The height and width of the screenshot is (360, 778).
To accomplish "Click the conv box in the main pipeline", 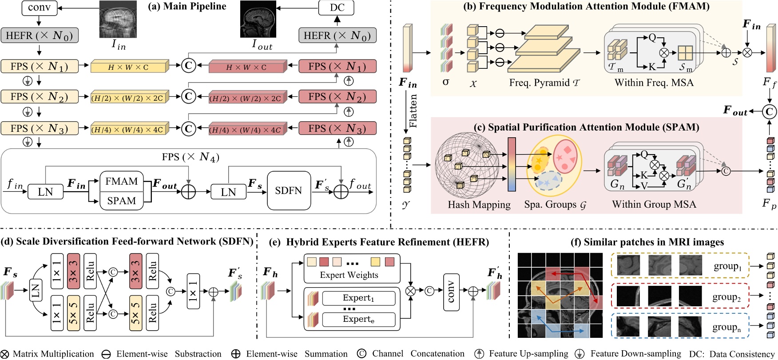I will [x=39, y=8].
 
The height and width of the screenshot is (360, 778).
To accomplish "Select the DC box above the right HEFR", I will [x=337, y=8].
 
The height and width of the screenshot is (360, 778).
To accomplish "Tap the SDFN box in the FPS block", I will [x=289, y=190].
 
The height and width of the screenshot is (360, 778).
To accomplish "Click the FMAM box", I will [x=121, y=181].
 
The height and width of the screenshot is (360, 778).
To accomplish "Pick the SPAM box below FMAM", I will [x=121, y=201].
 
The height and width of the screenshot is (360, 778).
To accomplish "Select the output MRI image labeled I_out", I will [x=258, y=20].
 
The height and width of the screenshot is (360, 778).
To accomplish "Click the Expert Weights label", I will [x=349, y=275].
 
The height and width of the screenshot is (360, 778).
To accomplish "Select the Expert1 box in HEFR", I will [x=358, y=298].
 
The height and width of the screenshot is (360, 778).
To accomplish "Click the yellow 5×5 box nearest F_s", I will [x=73, y=313].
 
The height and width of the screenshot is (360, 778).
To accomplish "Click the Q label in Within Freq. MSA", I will [x=652, y=37].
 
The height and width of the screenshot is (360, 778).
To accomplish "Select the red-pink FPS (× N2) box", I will [x=337, y=96].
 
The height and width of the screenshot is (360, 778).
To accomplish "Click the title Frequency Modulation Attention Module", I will [x=586, y=6].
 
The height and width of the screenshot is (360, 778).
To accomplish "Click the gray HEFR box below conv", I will [x=39, y=36].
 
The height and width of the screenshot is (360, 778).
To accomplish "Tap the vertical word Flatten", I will [x=413, y=111].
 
